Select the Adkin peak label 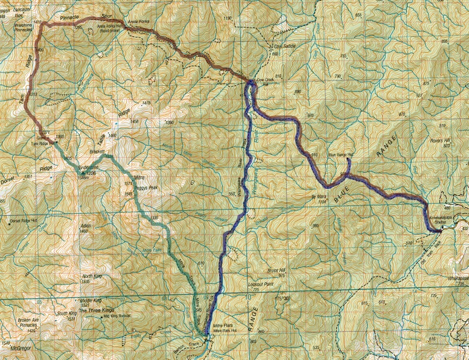85,226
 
